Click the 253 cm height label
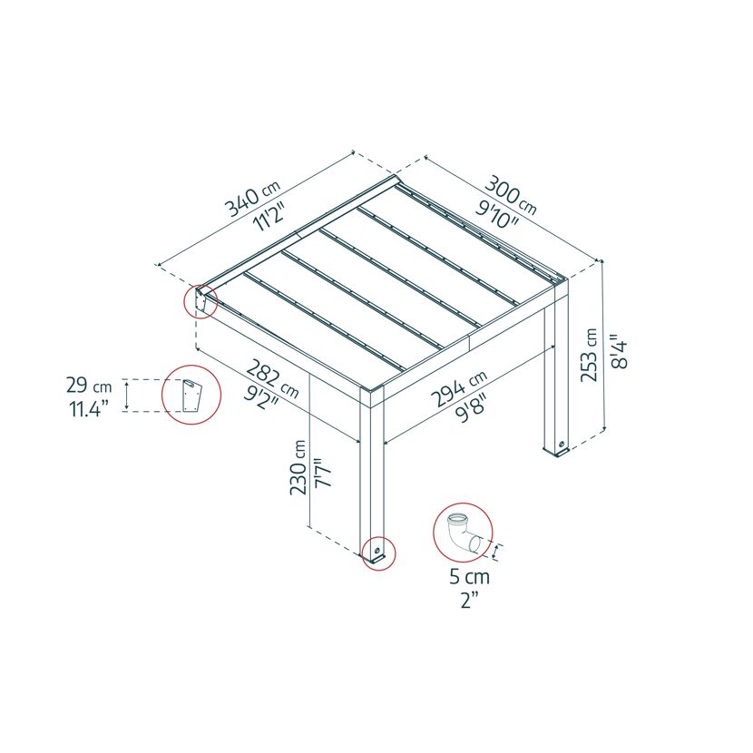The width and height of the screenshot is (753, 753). tap(589, 356)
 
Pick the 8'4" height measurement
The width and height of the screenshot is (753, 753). tap(620, 355)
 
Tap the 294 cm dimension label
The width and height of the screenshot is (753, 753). tap(459, 388)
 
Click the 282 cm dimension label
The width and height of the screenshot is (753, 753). tap(272, 379)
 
